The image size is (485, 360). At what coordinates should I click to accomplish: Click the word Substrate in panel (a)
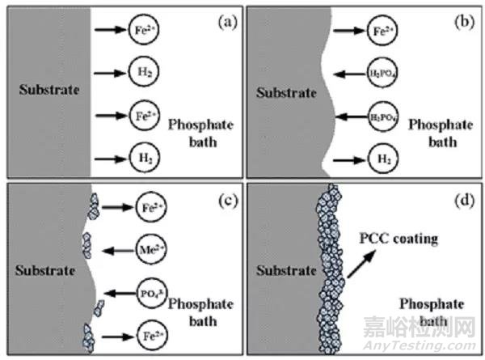click(50, 88)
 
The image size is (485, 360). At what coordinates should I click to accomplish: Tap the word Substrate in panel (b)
click(286, 92)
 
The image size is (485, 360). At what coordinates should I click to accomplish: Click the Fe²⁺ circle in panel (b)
click(384, 35)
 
